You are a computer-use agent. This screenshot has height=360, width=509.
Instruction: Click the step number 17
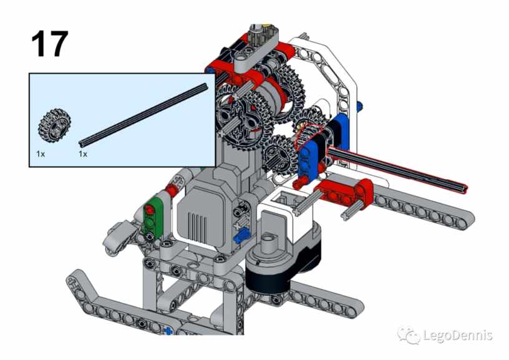pos(50,44)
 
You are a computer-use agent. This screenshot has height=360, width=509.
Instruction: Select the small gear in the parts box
pos(54,125)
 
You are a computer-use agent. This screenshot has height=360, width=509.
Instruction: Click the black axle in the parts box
pos(143,114)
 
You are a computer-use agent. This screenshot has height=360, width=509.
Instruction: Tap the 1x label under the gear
pos(41,154)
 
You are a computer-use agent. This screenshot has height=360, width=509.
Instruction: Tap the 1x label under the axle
pos(83,154)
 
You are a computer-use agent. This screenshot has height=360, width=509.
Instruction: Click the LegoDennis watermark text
pos(458,335)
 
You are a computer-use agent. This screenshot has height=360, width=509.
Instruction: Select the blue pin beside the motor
pos(241,235)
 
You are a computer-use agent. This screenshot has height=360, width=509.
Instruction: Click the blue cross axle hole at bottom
pos(168,331)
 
